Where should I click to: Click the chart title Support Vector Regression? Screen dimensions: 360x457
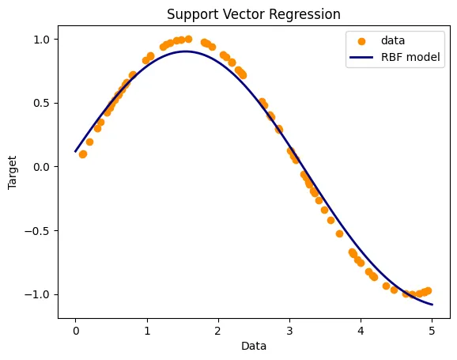[x=254, y=14]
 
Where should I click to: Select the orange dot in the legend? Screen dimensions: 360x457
[x=372, y=40]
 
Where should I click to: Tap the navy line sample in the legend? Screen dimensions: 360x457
[x=372, y=58]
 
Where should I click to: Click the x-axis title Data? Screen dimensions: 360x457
[x=254, y=346]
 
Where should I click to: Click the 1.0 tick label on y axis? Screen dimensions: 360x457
[x=40, y=39]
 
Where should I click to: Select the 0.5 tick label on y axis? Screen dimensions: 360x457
[x=40, y=103]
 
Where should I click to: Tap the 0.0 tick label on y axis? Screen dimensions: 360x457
[x=40, y=167]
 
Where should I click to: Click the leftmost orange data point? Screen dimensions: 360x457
[x=82, y=154]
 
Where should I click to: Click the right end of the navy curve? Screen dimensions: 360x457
[x=432, y=305]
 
